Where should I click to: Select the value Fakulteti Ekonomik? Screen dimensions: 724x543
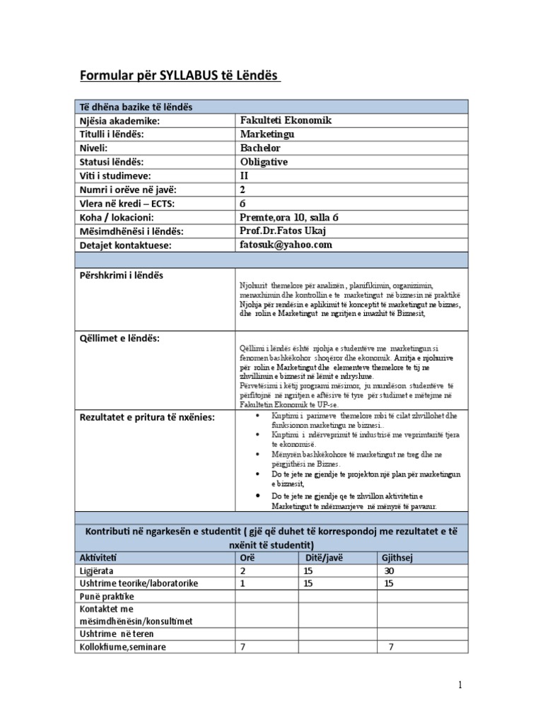286,120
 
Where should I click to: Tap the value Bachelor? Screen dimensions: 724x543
260,148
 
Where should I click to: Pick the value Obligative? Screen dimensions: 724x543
264,161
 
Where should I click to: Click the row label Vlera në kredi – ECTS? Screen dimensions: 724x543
127,204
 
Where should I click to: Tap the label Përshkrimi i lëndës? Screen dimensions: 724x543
120,274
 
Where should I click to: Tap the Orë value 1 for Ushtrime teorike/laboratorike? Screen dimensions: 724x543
243,583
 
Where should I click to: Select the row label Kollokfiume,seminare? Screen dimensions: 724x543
123,647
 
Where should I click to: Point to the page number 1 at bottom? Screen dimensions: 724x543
460,685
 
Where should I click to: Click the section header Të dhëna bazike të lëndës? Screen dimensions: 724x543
136,107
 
